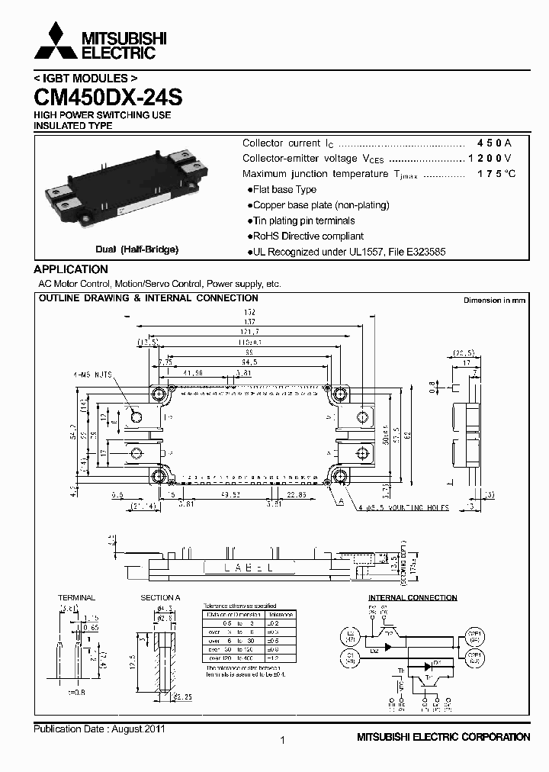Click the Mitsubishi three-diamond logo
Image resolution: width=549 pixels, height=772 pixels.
[55, 42]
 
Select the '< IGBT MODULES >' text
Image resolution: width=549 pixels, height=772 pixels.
[85, 79]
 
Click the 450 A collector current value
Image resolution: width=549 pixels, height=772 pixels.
[494, 143]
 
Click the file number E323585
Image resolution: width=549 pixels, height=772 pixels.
[423, 252]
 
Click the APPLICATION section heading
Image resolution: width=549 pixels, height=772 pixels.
[71, 269]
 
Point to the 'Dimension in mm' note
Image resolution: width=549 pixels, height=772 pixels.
[494, 301]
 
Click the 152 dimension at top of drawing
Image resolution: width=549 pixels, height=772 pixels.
[249, 313]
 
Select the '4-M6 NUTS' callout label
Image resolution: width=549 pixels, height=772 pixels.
[93, 375]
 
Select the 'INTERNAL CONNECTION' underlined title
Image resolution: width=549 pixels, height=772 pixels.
[413, 597]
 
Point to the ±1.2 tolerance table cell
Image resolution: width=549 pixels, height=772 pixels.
[281, 657]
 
